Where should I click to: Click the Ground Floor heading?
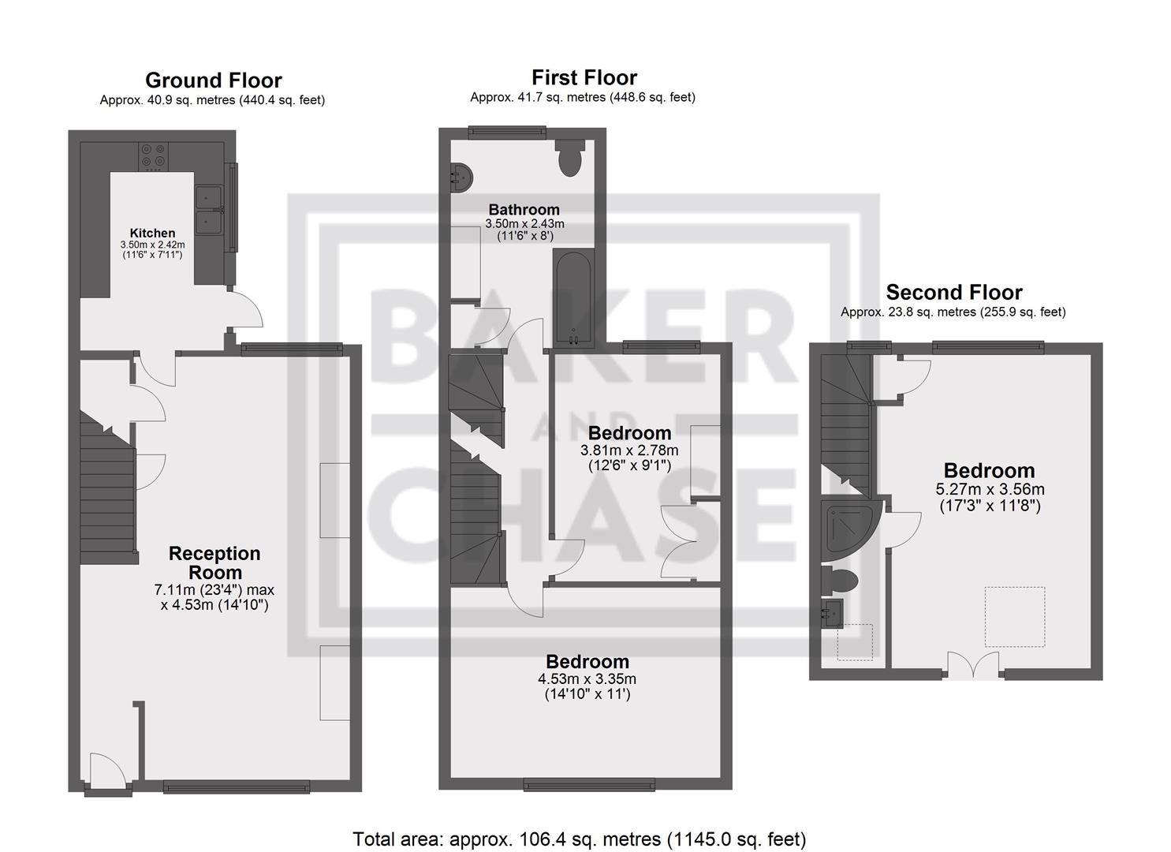tap(213, 80)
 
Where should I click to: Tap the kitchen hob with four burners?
tap(152, 156)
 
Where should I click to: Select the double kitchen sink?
tap(207, 211)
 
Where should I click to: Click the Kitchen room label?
tap(152, 233)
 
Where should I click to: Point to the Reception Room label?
tap(214, 563)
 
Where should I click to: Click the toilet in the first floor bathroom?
tap(569, 158)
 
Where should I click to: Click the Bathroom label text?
tap(524, 210)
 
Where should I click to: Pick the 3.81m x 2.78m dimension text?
tap(629, 450)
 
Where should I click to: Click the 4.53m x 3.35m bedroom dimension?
tap(587, 679)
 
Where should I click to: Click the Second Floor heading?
tap(953, 293)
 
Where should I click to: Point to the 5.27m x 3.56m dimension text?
tap(989, 489)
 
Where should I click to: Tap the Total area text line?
tap(579, 839)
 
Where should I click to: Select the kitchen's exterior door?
tap(245, 309)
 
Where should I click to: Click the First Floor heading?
tap(584, 78)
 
